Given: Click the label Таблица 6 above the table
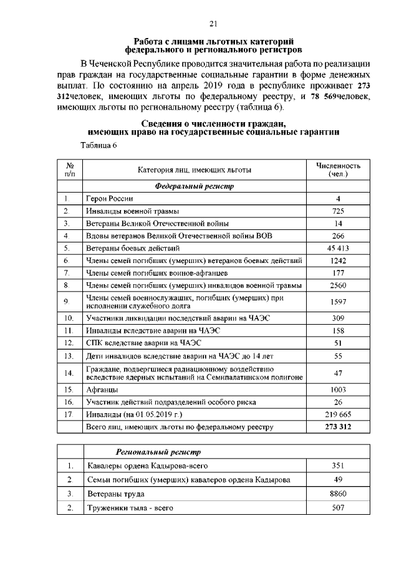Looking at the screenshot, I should pyautogui.click(x=99, y=145).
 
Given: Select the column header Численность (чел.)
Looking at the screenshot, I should pyautogui.click(x=338, y=170).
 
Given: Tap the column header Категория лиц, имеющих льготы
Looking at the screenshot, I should pyautogui.click(x=195, y=170).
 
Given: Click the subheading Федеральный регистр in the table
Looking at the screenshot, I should pyautogui.click(x=195, y=186).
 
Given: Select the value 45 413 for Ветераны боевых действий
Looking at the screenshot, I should pyautogui.click(x=338, y=247).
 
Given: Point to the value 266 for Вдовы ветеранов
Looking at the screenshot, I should pyautogui.click(x=338, y=236).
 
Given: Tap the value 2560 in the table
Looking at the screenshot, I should pyautogui.click(x=338, y=285).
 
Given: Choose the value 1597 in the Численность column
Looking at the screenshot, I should pyautogui.click(x=338, y=302).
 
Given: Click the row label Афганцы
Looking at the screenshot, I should pyautogui.click(x=101, y=390).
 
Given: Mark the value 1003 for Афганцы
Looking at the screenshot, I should pyautogui.click(x=338, y=390).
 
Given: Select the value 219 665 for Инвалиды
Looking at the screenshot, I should pyautogui.click(x=338, y=414).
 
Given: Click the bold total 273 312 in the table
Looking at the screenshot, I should pyautogui.click(x=338, y=426).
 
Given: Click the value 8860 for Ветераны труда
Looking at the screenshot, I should pyautogui.click(x=338, y=494).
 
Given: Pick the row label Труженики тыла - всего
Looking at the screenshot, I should pyautogui.click(x=130, y=508).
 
